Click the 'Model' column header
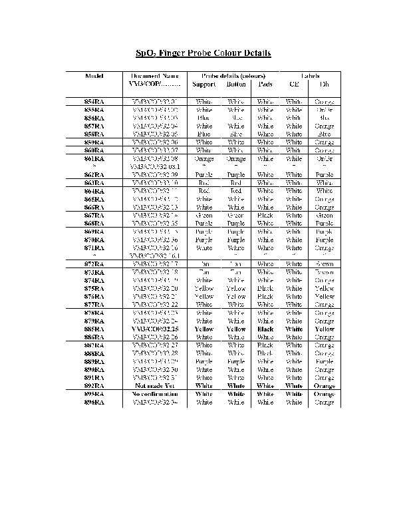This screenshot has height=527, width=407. (94, 76)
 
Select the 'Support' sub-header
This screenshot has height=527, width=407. (203, 85)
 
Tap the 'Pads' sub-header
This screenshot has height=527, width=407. (265, 85)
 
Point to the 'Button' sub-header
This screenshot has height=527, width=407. (236, 85)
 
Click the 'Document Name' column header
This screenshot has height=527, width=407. (155, 76)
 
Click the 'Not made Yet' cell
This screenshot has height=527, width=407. (155, 386)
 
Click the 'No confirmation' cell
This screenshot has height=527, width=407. (155, 395)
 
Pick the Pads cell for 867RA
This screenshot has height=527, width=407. (265, 215)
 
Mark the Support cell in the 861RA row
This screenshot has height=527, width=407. (203, 159)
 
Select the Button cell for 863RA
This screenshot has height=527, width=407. (236, 182)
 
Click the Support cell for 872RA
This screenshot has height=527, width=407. (203, 264)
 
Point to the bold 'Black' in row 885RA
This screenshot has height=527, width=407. (265, 329)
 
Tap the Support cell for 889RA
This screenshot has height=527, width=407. (203, 361)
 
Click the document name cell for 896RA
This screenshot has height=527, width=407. (155, 403)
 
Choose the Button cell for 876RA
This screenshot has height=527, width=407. (236, 296)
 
